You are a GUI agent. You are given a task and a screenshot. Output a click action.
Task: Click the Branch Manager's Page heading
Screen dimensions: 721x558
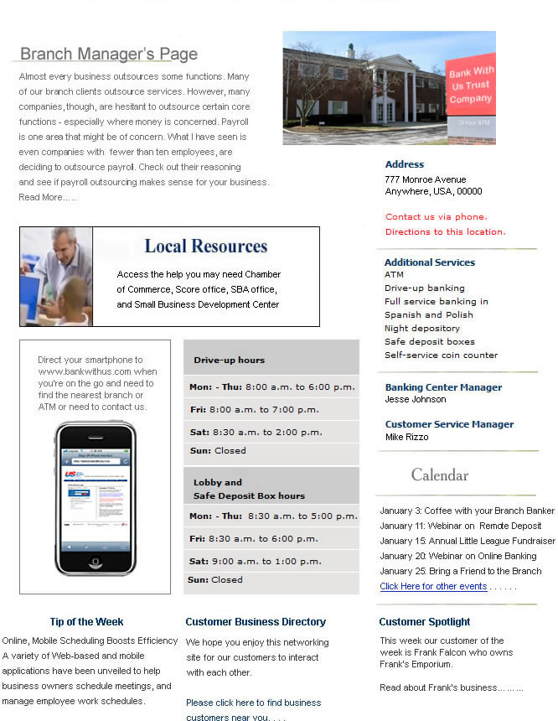pyautogui.click(x=108, y=54)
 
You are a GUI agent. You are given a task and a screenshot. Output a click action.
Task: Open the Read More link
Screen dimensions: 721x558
pyautogui.click(x=47, y=197)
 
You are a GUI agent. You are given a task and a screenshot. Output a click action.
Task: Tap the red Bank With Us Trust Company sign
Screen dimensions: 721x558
pyautogui.click(x=470, y=86)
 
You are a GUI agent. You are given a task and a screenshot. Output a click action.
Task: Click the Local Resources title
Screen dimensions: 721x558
pyautogui.click(x=205, y=246)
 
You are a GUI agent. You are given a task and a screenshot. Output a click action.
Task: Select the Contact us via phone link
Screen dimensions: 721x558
pyautogui.click(x=436, y=216)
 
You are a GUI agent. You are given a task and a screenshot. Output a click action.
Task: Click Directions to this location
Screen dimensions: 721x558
pyautogui.click(x=445, y=231)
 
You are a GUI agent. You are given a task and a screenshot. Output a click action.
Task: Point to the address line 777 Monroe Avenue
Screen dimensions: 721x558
pyautogui.click(x=425, y=179)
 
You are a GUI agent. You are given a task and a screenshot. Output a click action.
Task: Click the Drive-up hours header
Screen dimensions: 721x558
pyautogui.click(x=229, y=360)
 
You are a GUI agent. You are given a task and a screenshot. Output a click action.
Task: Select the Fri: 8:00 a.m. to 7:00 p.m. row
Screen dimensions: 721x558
pyautogui.click(x=254, y=410)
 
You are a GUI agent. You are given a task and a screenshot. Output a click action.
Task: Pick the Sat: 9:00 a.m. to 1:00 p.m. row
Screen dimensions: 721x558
pyautogui.click(x=255, y=561)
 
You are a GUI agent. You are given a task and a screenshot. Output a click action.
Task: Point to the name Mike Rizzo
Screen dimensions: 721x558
pyautogui.click(x=406, y=437)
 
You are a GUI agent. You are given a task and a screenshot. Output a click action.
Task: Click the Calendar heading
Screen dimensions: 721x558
pyautogui.click(x=439, y=475)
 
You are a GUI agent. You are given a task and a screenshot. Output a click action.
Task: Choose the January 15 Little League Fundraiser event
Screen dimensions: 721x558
pyautogui.click(x=467, y=541)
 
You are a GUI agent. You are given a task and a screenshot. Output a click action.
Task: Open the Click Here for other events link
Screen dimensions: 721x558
pyautogui.click(x=432, y=586)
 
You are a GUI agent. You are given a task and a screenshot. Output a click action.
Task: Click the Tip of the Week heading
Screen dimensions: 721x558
pyautogui.click(x=86, y=622)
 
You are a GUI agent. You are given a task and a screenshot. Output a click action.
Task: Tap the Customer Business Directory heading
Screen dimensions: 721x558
pyautogui.click(x=256, y=622)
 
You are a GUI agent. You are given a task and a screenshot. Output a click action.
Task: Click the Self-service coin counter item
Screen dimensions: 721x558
pyautogui.click(x=441, y=355)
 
